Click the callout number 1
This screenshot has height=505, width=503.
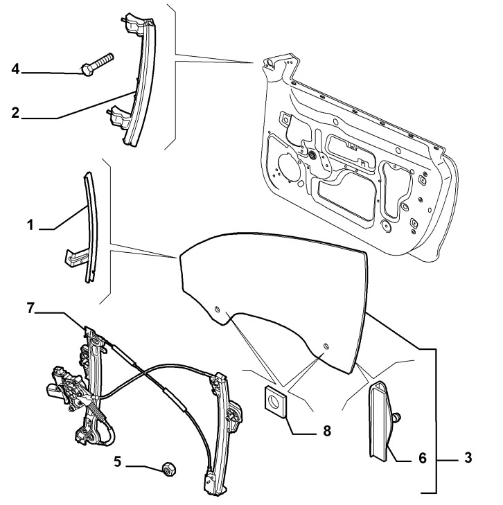(30, 225)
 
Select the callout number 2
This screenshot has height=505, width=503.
(15, 112)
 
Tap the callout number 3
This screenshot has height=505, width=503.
(468, 458)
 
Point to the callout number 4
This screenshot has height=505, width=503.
(15, 68)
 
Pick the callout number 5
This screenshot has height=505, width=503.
(118, 459)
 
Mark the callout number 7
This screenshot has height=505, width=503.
(30, 307)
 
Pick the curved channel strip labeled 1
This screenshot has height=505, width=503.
(90, 222)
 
